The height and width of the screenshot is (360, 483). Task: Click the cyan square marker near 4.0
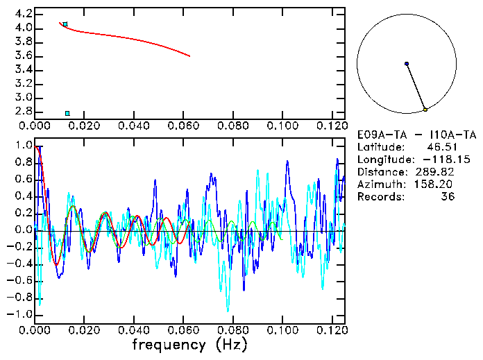65,24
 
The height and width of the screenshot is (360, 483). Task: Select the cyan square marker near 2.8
67,113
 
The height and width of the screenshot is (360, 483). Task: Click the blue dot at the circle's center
407,64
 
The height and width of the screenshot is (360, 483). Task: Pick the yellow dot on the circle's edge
425,110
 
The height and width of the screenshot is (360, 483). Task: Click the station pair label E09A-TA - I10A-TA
416,135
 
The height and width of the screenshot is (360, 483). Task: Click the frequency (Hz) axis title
189,345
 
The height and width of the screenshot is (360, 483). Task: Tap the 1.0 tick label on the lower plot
24,146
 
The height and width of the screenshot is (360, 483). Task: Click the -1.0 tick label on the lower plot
21,314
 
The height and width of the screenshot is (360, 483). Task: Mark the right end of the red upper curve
189,56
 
